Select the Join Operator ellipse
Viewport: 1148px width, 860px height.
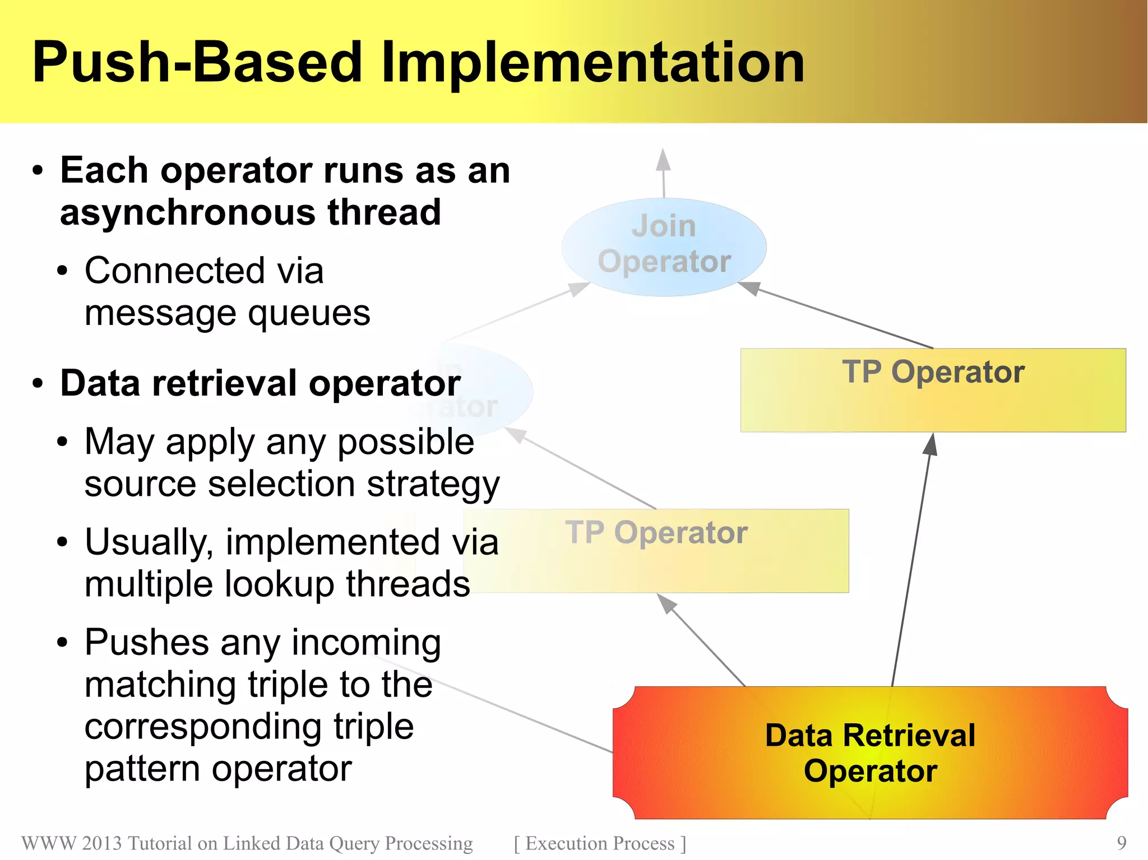[664, 247]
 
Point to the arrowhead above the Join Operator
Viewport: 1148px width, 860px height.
[663, 161]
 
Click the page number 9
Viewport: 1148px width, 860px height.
[1121, 843]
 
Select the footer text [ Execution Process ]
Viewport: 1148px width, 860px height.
[600, 843]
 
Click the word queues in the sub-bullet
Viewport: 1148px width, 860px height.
[309, 313]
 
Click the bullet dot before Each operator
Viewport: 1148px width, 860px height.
[38, 171]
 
